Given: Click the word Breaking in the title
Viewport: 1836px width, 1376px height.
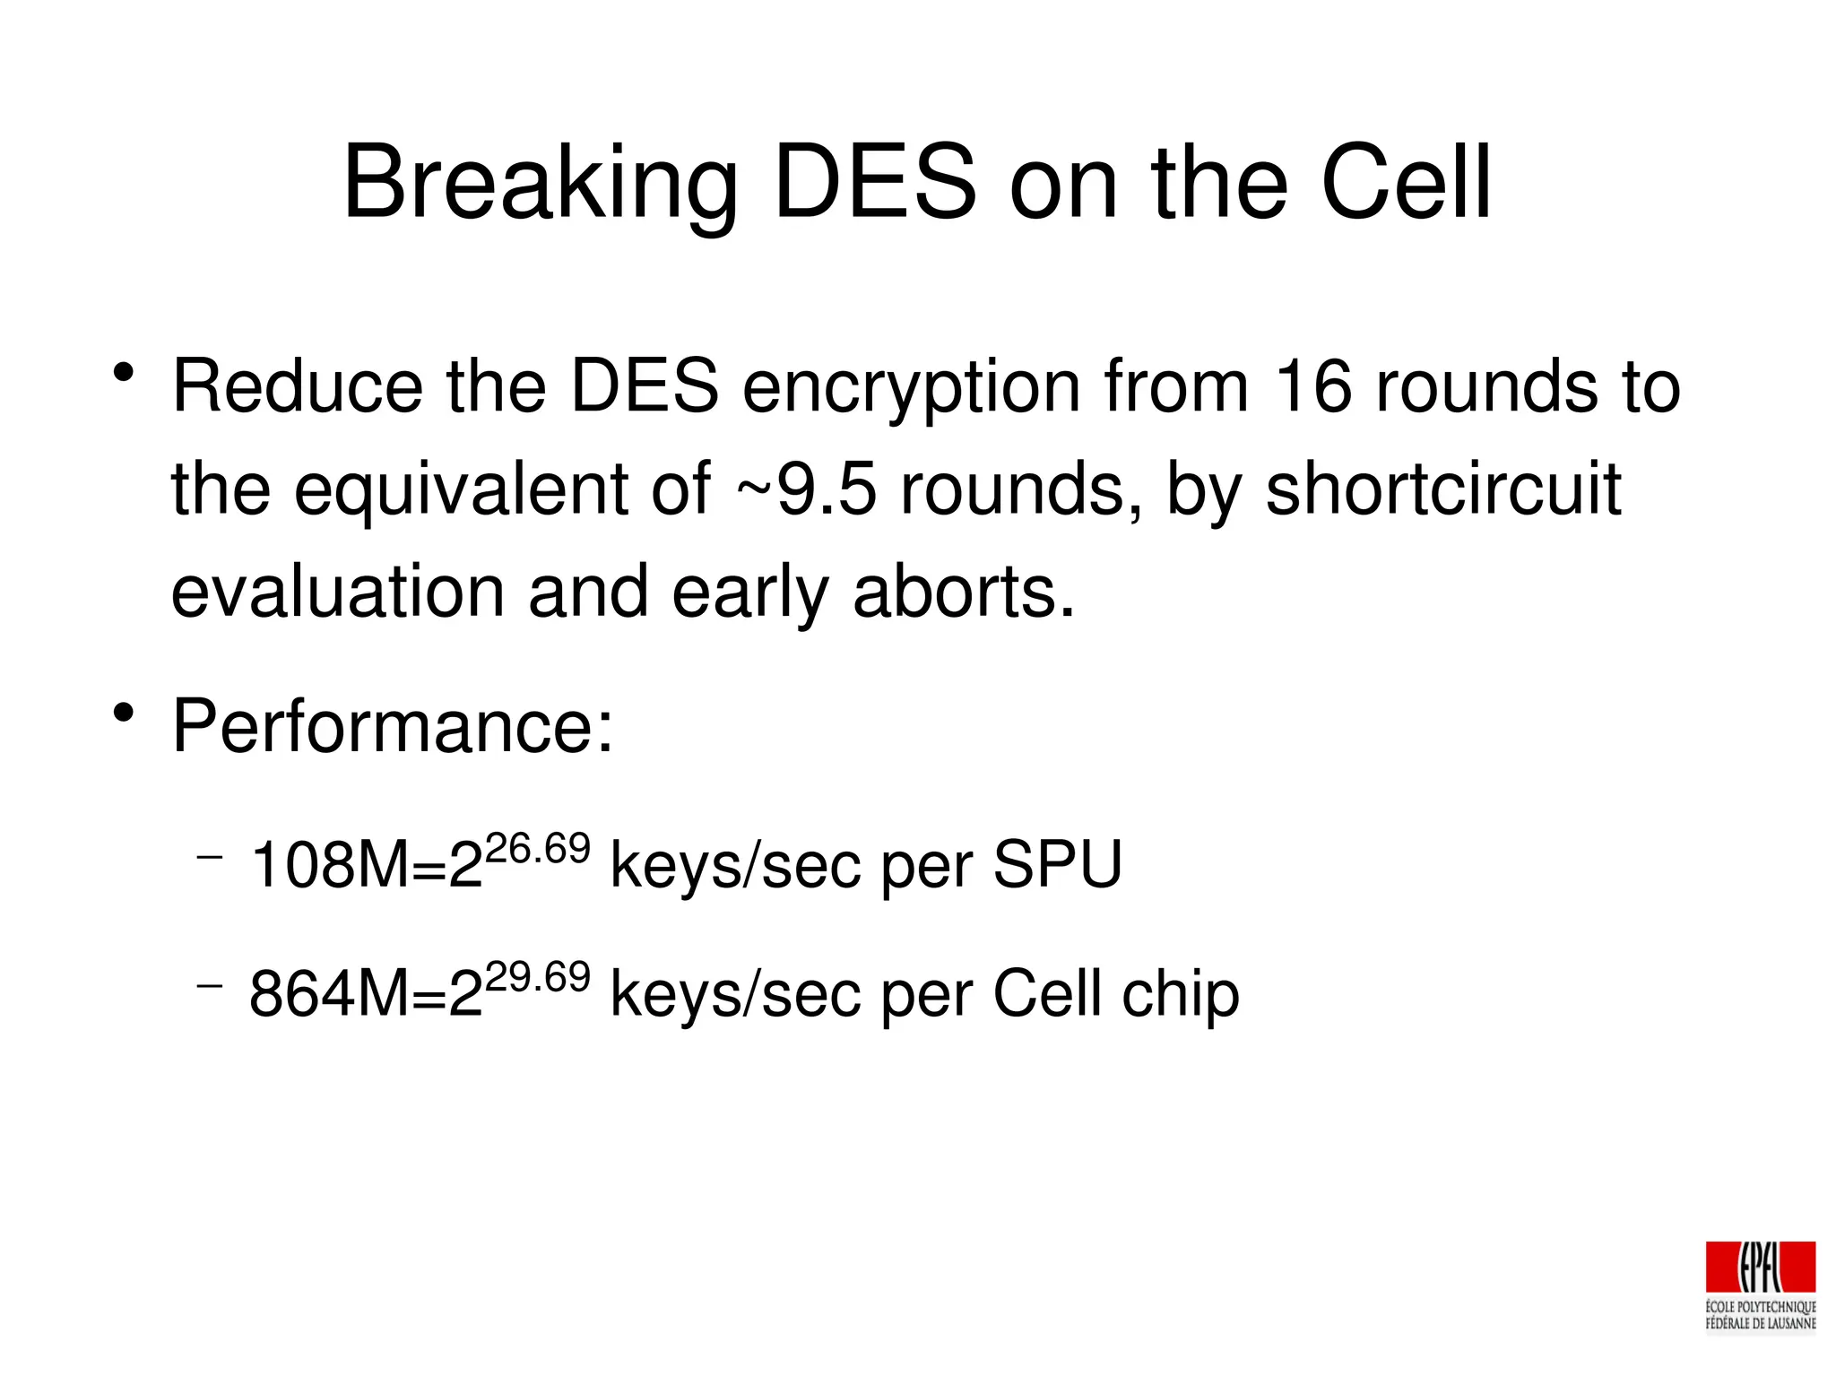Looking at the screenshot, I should (540, 184).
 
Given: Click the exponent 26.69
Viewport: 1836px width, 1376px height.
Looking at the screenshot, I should (537, 848).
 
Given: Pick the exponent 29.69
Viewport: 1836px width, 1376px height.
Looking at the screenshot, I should (537, 977).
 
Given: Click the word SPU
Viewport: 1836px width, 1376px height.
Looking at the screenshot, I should (1057, 865).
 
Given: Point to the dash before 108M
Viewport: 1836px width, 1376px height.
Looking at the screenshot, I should (209, 858).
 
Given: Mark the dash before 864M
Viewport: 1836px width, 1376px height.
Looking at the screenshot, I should (209, 987).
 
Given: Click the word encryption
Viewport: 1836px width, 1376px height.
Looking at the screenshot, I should (911, 388).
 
